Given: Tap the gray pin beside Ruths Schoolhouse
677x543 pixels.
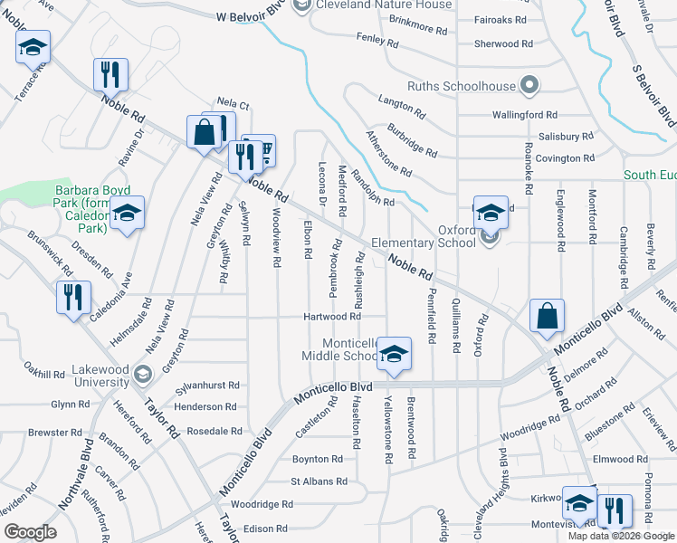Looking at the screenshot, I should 531,87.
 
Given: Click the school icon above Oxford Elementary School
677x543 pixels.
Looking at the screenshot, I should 491,213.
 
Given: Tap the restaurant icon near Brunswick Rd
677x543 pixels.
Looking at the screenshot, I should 72,297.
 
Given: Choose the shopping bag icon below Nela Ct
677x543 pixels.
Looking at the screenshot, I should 205,132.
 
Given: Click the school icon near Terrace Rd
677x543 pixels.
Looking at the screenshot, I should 33,47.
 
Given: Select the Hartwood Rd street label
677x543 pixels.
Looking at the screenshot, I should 332,317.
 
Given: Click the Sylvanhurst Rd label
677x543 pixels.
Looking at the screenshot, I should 209,385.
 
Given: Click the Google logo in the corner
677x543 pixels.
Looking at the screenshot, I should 30,532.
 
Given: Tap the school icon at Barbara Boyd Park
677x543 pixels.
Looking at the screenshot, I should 128,213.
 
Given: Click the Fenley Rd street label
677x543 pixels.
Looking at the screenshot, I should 378,42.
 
